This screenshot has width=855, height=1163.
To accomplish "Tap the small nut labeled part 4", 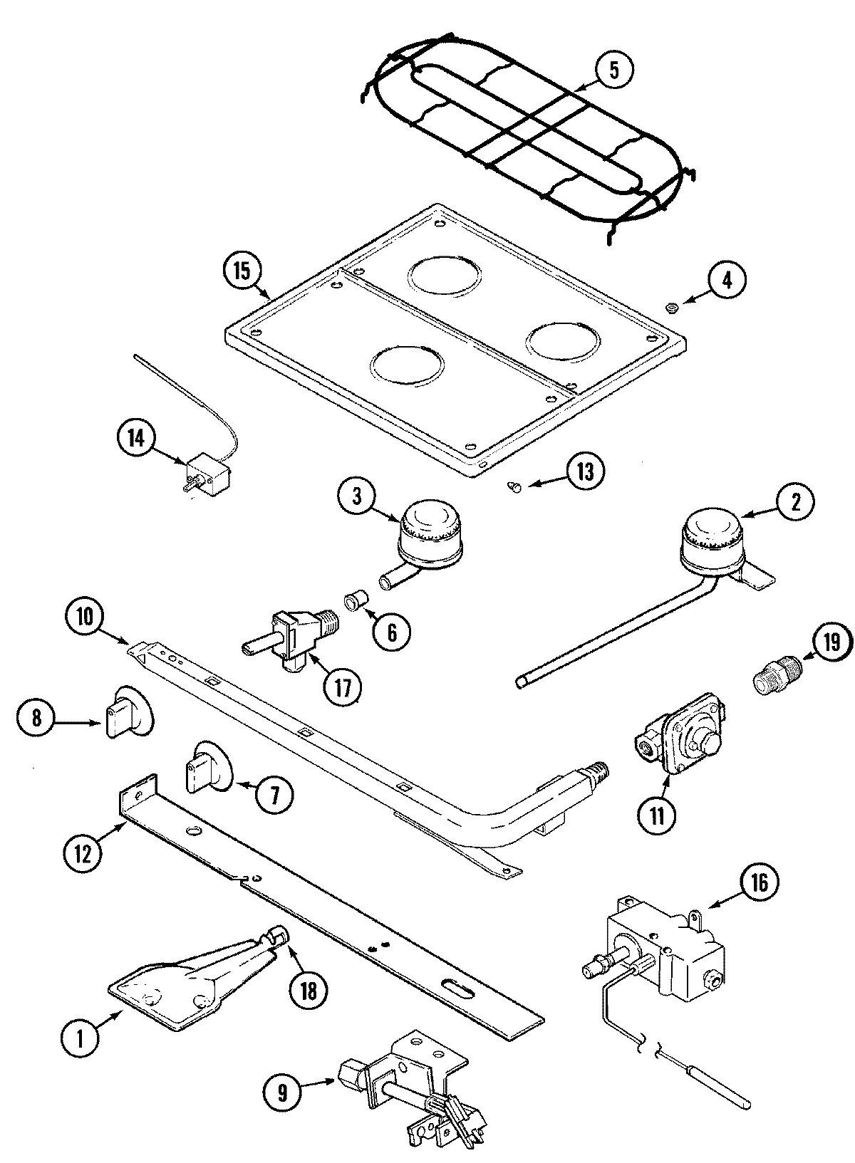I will click(x=671, y=307).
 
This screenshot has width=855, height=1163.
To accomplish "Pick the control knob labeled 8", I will click(x=128, y=712).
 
